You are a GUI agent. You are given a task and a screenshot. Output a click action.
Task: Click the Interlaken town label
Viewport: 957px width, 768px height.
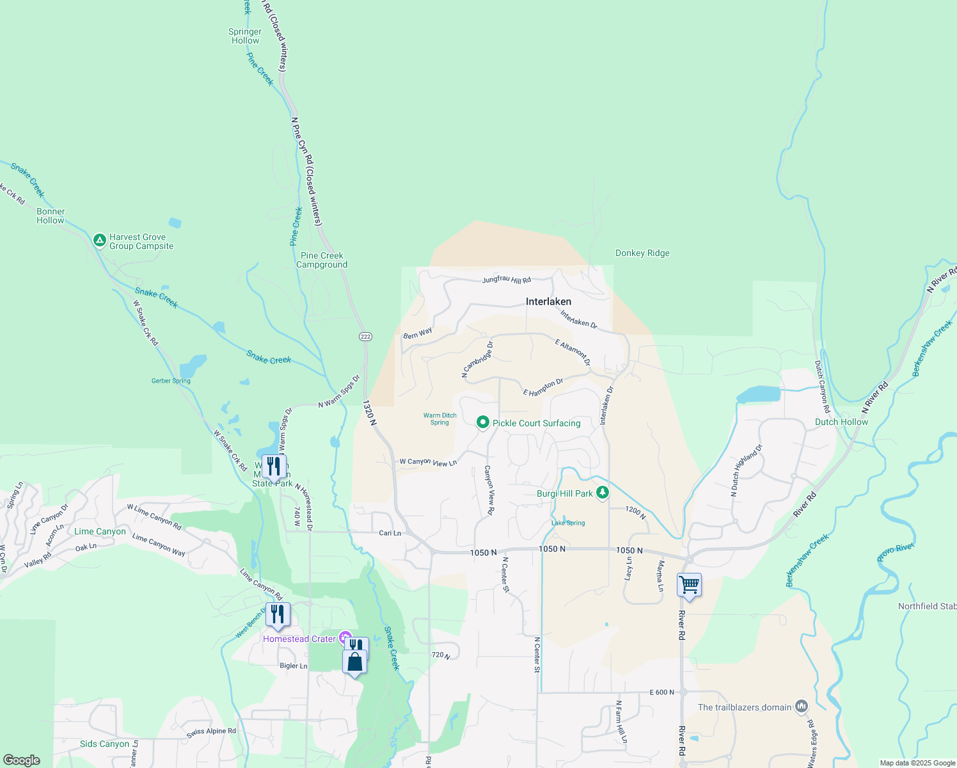tap(548, 301)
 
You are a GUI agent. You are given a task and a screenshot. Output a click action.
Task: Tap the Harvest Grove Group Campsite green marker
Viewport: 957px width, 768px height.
tap(99, 241)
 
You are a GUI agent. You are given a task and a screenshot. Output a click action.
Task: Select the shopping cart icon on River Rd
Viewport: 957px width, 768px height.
tap(689, 585)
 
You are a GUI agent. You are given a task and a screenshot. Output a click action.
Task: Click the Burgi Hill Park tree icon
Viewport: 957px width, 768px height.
tap(602, 493)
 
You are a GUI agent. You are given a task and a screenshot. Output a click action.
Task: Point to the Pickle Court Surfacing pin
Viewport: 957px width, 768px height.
tap(483, 422)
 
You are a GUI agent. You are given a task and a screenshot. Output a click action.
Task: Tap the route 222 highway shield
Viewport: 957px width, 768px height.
tap(365, 337)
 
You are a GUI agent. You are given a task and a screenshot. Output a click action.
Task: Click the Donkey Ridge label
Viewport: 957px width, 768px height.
tap(642, 253)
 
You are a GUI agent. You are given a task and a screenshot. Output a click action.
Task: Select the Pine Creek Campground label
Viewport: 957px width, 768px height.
tap(322, 260)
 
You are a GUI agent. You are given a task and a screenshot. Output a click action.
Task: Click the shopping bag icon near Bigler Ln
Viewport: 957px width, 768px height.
tap(354, 662)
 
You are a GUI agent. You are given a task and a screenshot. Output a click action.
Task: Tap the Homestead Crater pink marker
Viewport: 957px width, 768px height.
tap(345, 637)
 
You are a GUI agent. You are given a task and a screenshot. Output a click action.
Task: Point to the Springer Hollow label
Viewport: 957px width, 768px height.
tap(245, 36)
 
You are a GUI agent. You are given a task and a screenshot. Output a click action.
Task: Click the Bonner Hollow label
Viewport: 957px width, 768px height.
tap(51, 216)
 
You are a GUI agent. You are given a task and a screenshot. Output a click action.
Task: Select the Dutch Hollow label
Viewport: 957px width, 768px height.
tap(841, 422)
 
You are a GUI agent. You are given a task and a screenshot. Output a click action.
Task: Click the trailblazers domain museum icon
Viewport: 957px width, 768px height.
tap(802, 707)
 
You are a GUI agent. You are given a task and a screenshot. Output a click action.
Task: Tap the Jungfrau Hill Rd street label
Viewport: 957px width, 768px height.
tap(506, 280)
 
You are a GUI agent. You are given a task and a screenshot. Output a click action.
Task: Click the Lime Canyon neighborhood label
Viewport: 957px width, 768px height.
tap(100, 531)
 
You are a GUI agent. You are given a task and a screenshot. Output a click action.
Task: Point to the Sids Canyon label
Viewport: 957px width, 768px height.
tap(104, 744)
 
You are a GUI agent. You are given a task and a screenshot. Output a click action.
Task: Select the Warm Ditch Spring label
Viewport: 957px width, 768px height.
tap(439, 419)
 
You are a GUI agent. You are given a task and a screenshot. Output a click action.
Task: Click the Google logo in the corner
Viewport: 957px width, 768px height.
tap(21, 760)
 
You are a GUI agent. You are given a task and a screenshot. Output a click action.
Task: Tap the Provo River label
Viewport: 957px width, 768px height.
tap(895, 552)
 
